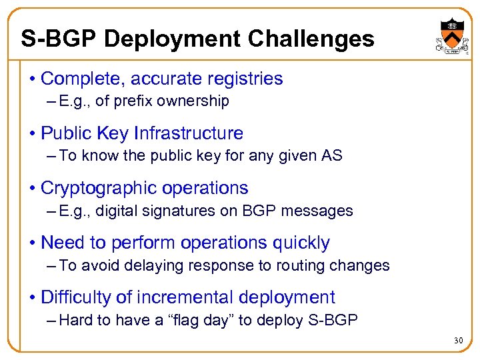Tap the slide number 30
[x=457, y=341]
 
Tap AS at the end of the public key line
[x=332, y=156]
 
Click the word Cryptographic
[x=93, y=188]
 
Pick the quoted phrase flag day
[x=203, y=320]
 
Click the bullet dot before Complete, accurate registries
[x=33, y=79]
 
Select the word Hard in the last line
[x=76, y=320]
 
